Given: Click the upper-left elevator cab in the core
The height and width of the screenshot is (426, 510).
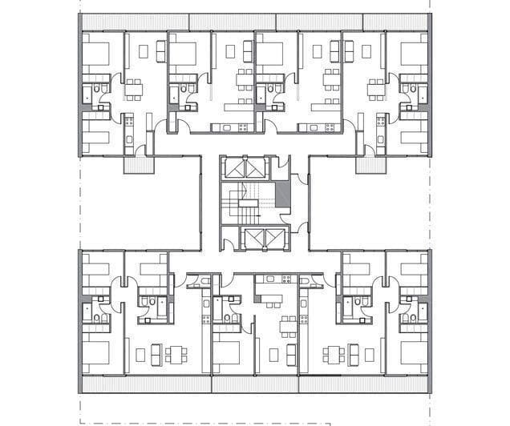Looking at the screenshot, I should (x=237, y=169).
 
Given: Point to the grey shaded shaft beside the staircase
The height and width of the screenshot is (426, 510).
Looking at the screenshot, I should (x=281, y=196).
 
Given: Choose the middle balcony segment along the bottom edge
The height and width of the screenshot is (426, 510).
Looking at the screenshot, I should (x=255, y=385).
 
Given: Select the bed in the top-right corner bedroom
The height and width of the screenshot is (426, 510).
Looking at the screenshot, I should (x=412, y=54).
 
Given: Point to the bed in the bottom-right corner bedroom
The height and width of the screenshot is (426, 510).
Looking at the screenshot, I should (x=414, y=352).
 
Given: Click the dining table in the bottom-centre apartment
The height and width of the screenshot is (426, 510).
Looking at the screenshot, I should (x=287, y=328).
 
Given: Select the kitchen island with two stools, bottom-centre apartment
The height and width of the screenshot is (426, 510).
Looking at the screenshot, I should (x=268, y=298).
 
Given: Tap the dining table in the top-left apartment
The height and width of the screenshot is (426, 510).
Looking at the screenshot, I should (x=132, y=86).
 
